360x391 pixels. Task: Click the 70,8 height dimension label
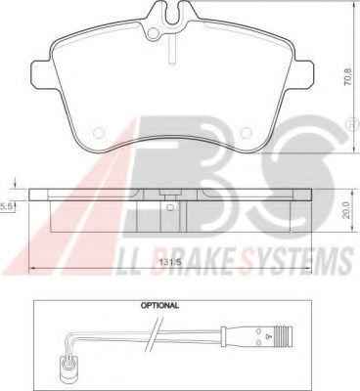point(348,77)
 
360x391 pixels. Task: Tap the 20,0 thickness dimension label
point(346,210)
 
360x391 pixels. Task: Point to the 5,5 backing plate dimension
point(6,206)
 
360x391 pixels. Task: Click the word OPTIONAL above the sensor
point(159,306)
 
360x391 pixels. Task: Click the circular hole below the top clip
point(153,33)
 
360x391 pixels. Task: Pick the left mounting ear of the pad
point(41,74)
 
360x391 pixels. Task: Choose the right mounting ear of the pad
point(303,74)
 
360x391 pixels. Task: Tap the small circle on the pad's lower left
point(98,133)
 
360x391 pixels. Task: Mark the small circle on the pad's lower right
point(247,133)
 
